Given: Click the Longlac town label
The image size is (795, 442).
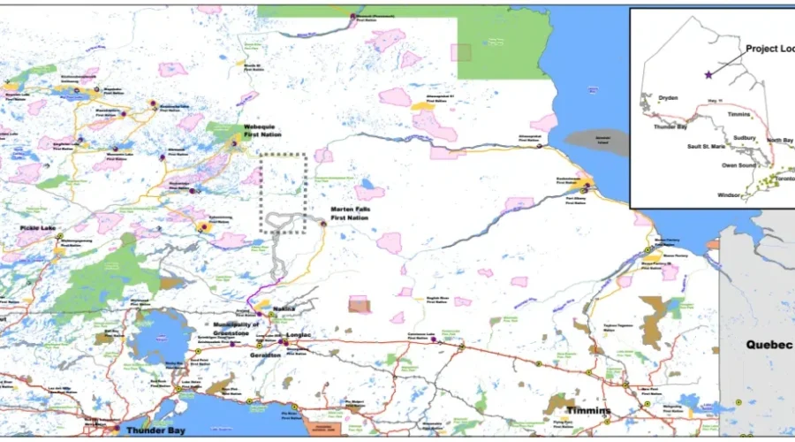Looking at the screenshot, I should (x=299, y=337).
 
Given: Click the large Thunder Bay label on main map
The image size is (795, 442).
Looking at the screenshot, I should (x=155, y=430).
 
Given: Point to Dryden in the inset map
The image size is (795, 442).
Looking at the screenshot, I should (x=668, y=98).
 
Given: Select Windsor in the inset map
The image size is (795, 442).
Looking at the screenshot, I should (x=729, y=194).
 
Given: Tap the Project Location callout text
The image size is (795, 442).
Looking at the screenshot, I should (x=768, y=49).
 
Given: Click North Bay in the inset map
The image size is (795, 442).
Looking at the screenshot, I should (x=779, y=141).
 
